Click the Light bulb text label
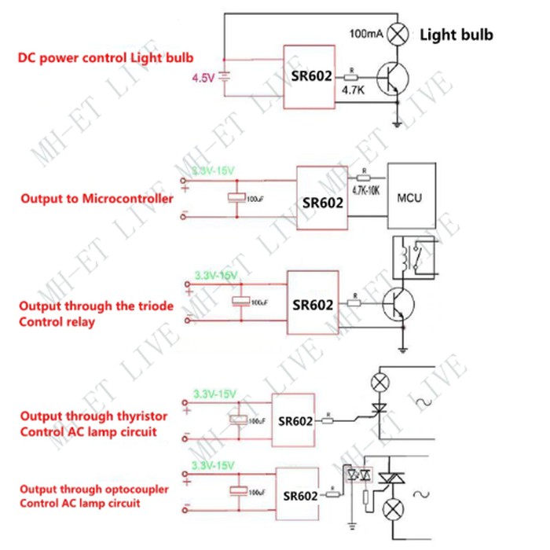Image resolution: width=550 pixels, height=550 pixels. tap(457, 35)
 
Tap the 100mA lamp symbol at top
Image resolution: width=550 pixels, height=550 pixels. tap(400, 34)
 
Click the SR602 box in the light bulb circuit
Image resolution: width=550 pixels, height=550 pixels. tap(309, 76)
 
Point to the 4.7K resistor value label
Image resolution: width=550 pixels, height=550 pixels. tap(352, 90)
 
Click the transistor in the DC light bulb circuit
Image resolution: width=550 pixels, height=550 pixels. tap(391, 77)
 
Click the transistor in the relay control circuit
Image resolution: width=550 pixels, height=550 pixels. tap(398, 302)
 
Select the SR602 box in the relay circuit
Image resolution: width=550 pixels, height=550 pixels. tap(313, 302)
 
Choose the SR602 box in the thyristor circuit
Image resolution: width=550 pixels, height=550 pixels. tap(295, 420)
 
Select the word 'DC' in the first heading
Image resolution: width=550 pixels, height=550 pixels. tap(28, 57)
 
